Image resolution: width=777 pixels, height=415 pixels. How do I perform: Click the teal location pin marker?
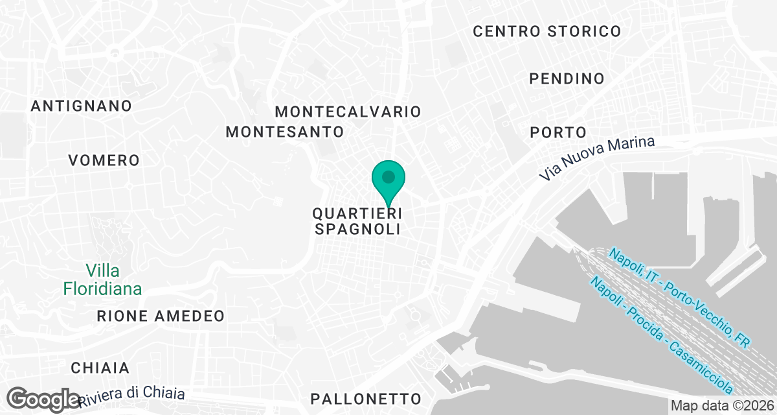click(x=388, y=178)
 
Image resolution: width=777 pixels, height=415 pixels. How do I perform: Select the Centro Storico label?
click(x=546, y=31)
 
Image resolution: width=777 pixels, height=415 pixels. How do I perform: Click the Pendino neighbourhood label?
click(x=567, y=79)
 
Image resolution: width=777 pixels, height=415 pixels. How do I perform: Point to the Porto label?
click(x=557, y=132)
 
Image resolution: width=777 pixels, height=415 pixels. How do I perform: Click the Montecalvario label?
click(x=348, y=112)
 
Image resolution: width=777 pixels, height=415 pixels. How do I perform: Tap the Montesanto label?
click(x=284, y=132)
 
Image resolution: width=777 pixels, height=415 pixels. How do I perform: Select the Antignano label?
click(x=82, y=106)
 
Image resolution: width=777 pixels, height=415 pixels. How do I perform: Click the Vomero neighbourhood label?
click(x=104, y=160)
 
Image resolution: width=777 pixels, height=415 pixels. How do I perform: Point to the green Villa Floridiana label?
click(x=102, y=279)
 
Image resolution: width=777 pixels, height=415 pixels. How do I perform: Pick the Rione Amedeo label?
click(x=160, y=316)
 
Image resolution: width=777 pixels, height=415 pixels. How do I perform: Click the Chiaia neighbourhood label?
click(x=100, y=368)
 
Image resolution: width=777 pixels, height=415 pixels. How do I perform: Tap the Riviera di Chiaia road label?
click(x=132, y=396)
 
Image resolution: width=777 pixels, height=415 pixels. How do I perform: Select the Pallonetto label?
click(x=366, y=398)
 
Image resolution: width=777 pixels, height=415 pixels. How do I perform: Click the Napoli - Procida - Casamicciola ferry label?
click(x=662, y=335)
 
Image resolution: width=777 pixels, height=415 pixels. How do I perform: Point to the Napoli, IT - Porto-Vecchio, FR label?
click(x=679, y=299)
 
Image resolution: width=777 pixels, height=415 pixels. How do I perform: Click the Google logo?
click(x=44, y=399)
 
